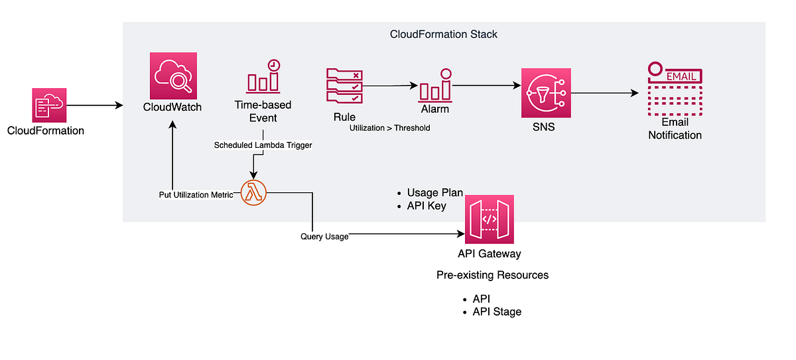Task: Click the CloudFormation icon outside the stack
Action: tap(50, 105)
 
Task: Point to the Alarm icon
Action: tap(434, 85)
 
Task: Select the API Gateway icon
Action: tap(490, 219)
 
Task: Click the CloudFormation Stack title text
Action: tap(444, 34)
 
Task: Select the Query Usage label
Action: tap(324, 236)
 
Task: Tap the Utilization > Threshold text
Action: tap(390, 127)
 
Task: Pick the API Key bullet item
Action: tap(427, 206)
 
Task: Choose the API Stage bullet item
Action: tap(497, 312)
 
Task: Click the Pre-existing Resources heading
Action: tap(492, 274)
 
